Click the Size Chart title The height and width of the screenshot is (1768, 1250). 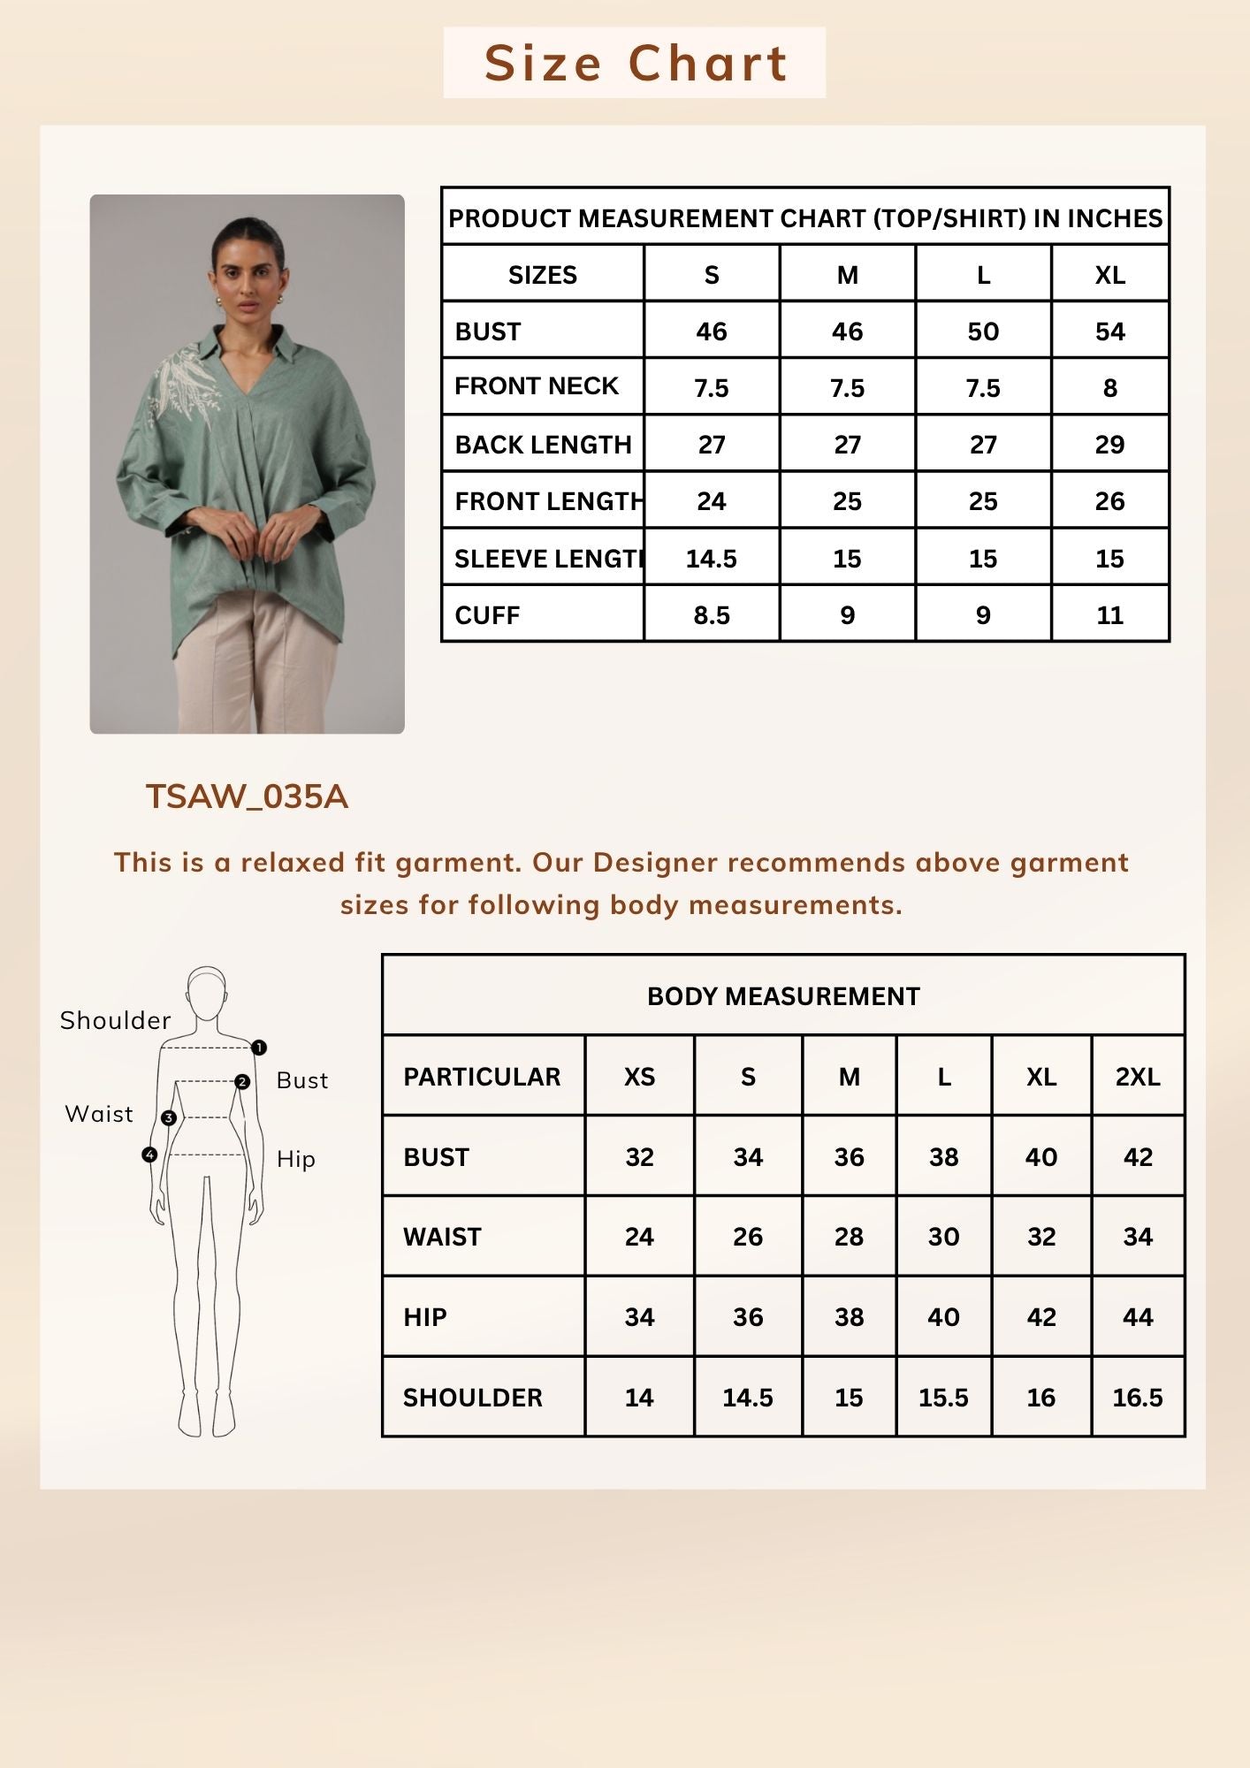click(x=635, y=63)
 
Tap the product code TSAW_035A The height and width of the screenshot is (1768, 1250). click(x=247, y=796)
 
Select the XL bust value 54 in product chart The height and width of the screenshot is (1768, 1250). click(x=1109, y=331)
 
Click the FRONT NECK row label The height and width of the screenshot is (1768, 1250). click(x=537, y=386)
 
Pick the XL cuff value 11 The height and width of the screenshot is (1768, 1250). click(x=1109, y=615)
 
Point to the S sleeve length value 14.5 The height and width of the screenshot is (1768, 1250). click(x=711, y=559)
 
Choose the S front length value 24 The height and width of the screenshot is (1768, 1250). click(x=711, y=501)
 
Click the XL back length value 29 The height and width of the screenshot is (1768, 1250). click(x=1109, y=445)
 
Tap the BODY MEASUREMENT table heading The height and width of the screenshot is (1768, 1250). click(x=783, y=996)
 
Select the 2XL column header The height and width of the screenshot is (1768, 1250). click(x=1137, y=1077)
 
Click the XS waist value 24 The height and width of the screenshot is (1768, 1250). click(x=639, y=1237)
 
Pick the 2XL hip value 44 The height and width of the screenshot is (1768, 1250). click(x=1137, y=1317)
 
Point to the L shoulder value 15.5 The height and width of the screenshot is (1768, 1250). click(x=943, y=1398)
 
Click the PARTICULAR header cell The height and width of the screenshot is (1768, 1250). click(x=482, y=1077)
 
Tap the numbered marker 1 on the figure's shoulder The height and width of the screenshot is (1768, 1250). click(x=259, y=1048)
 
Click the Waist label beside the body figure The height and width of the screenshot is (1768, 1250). click(x=99, y=1114)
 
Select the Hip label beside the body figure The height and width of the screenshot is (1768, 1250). click(x=295, y=1159)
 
